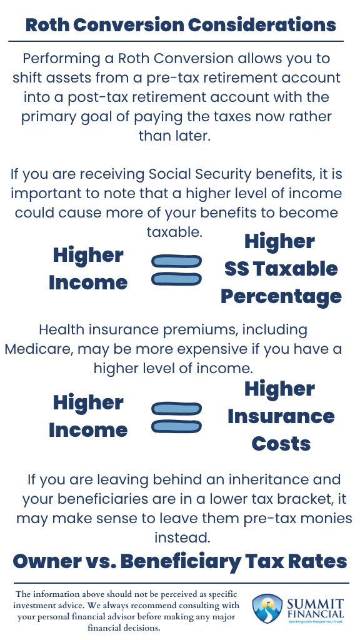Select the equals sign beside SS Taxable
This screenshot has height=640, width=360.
[177, 270]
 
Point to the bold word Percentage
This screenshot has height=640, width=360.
[281, 296]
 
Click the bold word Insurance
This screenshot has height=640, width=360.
[281, 416]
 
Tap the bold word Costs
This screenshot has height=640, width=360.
[281, 444]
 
